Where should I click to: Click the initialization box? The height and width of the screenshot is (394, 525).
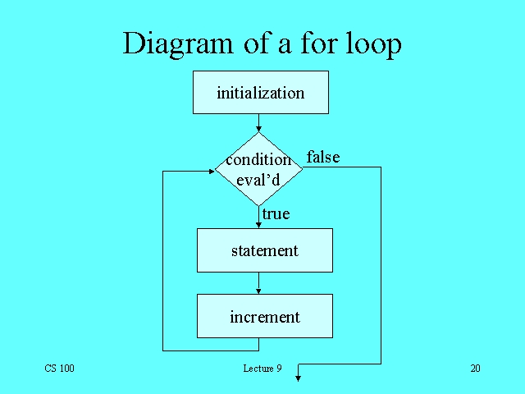click(x=260, y=92)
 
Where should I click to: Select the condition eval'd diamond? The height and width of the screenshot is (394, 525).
click(x=259, y=169)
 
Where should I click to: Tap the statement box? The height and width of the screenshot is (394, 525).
click(x=264, y=250)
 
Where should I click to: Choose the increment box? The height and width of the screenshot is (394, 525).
click(x=264, y=317)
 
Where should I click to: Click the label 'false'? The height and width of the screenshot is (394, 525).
click(x=323, y=157)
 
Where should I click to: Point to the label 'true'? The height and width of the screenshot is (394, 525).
click(x=276, y=214)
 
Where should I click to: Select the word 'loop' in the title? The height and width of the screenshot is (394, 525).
click(x=371, y=44)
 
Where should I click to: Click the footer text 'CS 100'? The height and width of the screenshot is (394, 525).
click(x=59, y=369)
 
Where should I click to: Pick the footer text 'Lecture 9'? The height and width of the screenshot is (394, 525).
click(x=262, y=369)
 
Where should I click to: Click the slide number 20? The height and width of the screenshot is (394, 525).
click(x=475, y=369)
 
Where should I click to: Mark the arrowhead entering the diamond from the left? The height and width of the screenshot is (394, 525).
click(x=210, y=171)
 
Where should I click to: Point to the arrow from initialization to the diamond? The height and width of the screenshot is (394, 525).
click(x=259, y=123)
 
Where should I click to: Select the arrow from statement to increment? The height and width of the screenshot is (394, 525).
click(x=259, y=282)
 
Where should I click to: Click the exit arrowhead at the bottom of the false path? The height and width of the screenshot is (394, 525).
click(x=299, y=378)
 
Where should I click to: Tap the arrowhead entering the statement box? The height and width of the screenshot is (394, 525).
click(x=259, y=225)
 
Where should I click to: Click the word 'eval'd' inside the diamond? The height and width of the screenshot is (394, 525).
click(x=258, y=178)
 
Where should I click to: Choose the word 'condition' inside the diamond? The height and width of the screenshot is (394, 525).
click(x=258, y=160)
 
